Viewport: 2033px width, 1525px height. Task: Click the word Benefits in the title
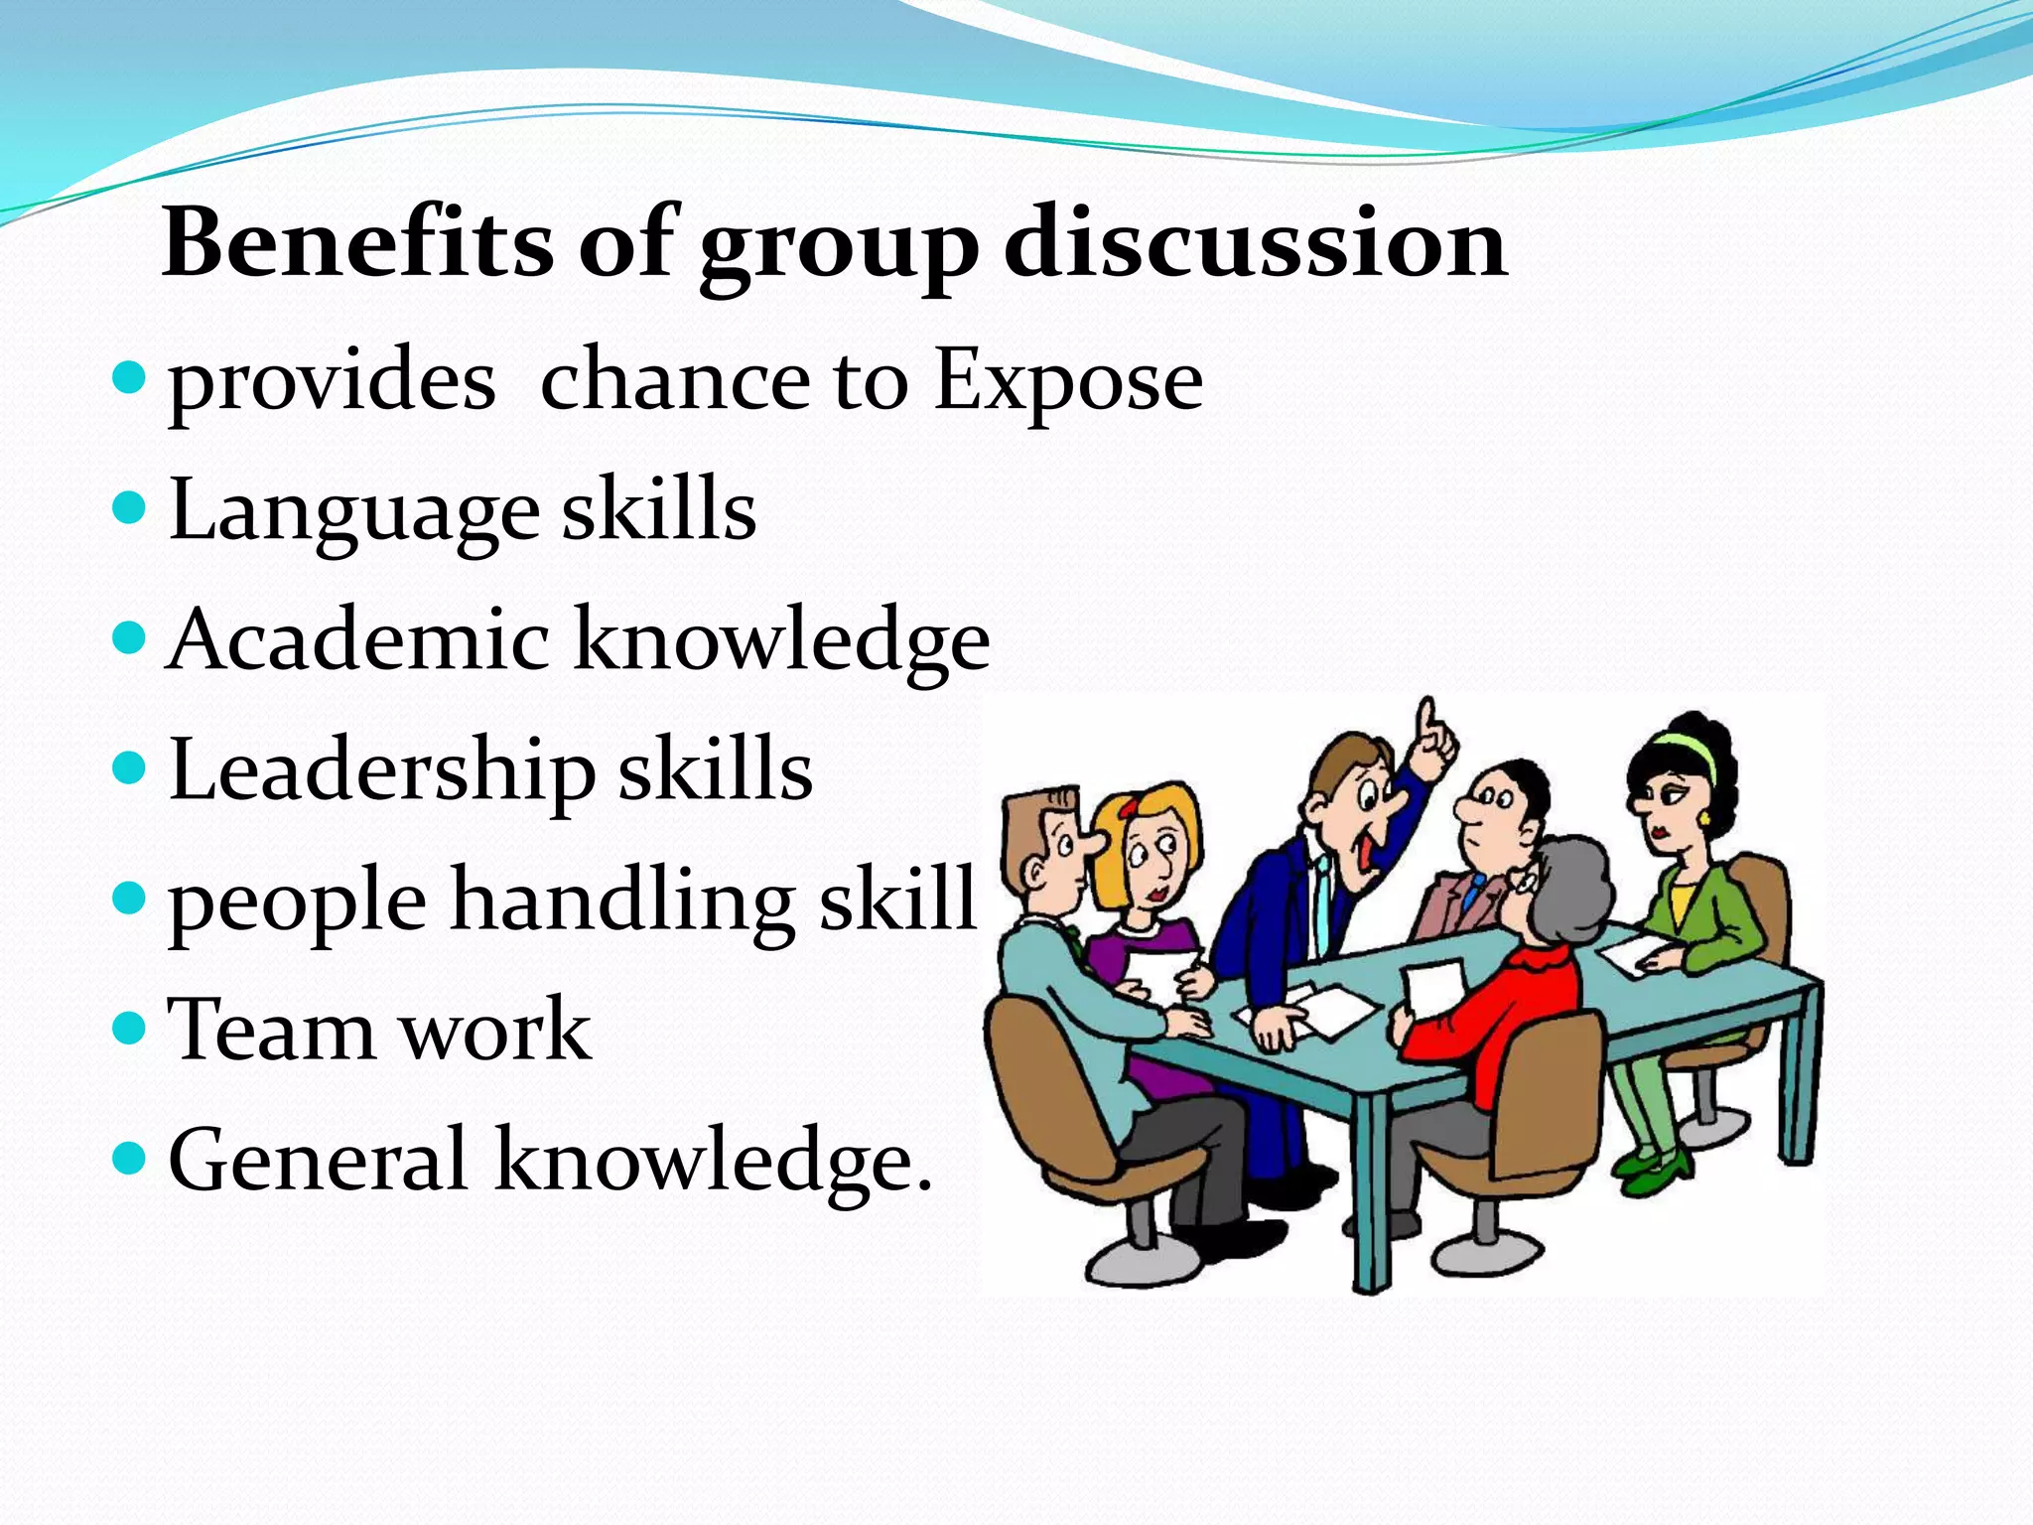coord(357,243)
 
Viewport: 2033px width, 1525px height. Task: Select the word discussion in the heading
coord(1256,243)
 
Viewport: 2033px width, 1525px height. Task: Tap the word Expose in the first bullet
coord(1068,382)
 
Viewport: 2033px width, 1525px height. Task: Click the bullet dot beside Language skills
coord(129,509)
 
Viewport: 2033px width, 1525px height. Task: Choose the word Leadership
coord(382,771)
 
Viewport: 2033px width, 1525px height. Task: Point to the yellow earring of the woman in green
coord(1704,819)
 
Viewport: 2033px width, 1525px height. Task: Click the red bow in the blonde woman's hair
coord(1127,808)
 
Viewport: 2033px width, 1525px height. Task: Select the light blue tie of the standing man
coord(1324,894)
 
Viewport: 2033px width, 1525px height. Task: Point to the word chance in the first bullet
coord(675,382)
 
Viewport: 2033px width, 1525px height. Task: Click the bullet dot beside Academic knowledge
coord(129,635)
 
